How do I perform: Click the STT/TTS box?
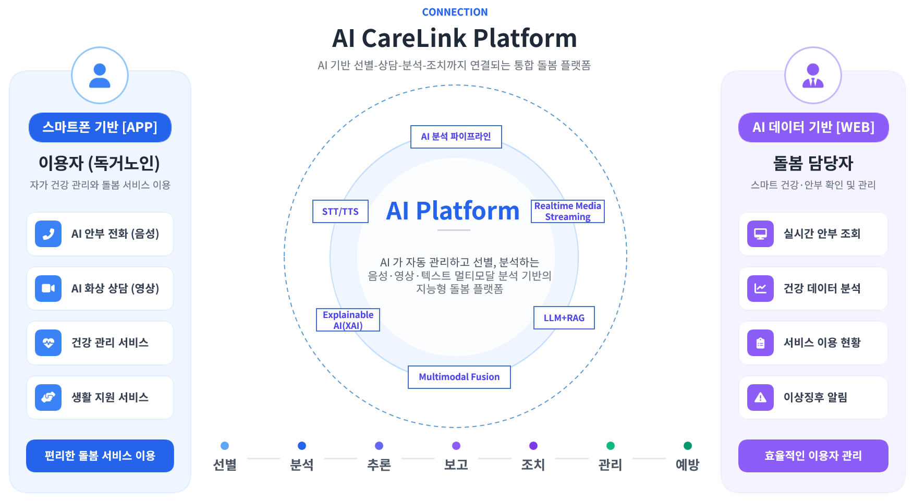click(340, 211)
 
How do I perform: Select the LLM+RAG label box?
click(564, 317)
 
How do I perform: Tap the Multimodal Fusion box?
click(459, 377)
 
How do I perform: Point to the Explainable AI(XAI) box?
click(348, 320)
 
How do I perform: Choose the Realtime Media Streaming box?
click(567, 211)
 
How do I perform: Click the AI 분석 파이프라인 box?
click(456, 137)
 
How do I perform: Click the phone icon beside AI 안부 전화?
click(48, 234)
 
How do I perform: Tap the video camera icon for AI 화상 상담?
click(48, 288)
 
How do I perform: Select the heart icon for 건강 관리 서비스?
click(48, 343)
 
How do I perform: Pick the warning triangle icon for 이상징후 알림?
click(760, 397)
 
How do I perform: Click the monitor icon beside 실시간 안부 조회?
click(760, 234)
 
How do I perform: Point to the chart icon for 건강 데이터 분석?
click(760, 288)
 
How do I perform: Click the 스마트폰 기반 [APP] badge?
click(100, 127)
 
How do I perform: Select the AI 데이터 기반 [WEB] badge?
click(813, 127)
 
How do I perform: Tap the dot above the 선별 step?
click(225, 446)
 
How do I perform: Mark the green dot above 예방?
click(687, 446)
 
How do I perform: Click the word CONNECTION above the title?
click(455, 12)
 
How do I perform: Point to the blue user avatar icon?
click(100, 76)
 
